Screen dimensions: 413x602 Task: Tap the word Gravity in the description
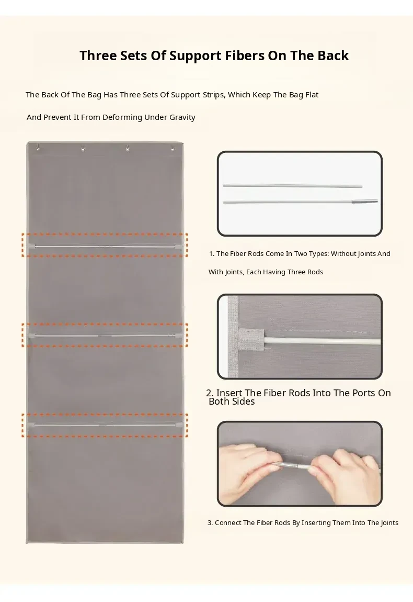pos(182,117)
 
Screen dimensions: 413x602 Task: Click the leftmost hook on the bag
pos(38,147)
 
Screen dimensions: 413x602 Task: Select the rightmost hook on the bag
pos(173,148)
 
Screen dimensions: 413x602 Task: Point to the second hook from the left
pos(83,148)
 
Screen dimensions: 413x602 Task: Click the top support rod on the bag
pos(105,246)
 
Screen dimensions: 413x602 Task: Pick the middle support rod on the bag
pos(105,336)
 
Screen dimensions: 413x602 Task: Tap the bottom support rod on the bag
pos(105,425)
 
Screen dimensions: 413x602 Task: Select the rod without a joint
pos(293,186)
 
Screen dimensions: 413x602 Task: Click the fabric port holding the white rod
pos(251,340)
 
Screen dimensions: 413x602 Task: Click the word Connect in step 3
pos(228,523)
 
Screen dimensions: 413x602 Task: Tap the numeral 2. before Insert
pos(210,393)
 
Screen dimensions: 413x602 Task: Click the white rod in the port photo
pos(322,341)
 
